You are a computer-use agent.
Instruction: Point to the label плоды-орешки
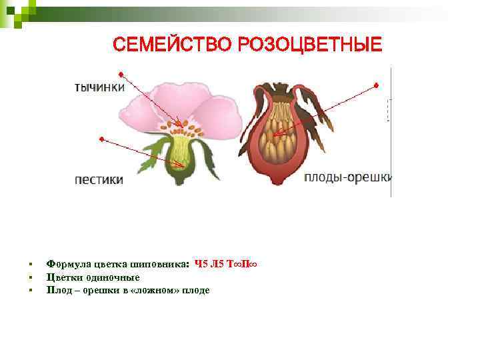coord(348,177)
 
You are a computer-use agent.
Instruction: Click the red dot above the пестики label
coord(101,139)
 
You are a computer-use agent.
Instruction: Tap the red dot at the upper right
coord(376,85)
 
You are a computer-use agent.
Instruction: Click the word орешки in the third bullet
coord(97,290)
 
